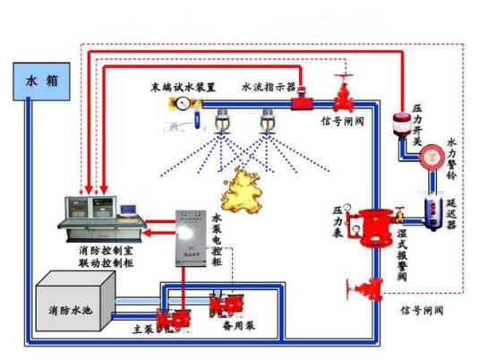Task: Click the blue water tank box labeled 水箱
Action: (31, 81)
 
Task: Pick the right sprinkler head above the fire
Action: (265, 116)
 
